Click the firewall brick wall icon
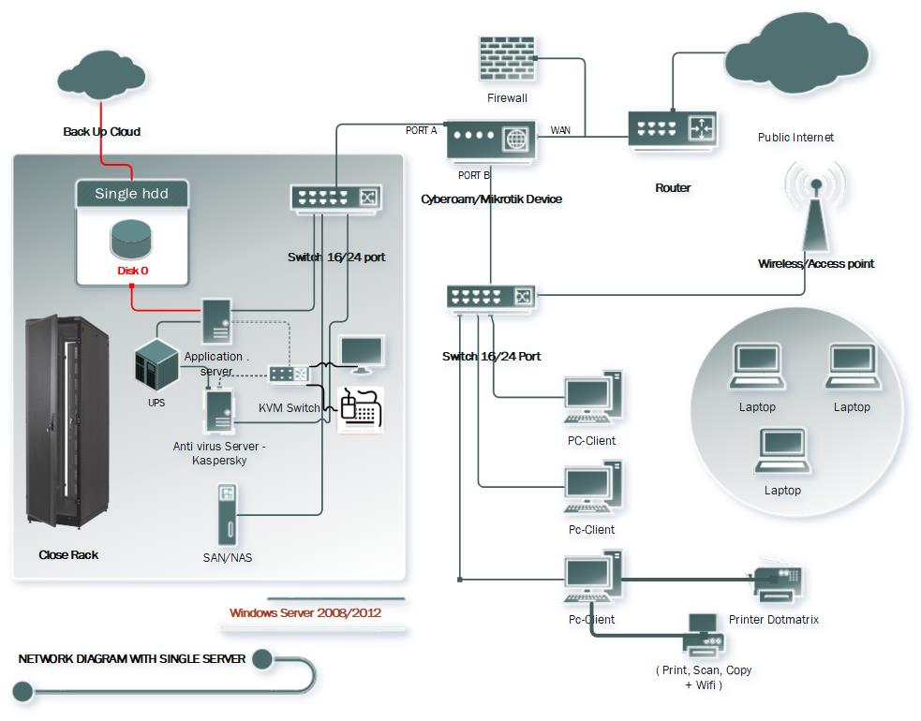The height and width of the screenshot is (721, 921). [507, 60]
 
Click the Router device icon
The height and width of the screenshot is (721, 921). [673, 128]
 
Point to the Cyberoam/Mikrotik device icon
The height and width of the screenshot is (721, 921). [491, 141]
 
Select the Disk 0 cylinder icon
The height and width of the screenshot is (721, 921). [132, 239]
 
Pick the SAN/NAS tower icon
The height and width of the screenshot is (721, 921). [227, 514]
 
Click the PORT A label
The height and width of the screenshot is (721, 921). [422, 130]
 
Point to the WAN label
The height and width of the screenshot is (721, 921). [560, 130]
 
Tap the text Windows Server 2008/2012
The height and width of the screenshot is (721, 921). [305, 613]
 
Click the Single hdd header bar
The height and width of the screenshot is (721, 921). [132, 194]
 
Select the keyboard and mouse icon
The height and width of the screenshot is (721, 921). [360, 409]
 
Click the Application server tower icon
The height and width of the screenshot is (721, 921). [217, 321]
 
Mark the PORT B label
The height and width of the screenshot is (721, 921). [473, 175]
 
